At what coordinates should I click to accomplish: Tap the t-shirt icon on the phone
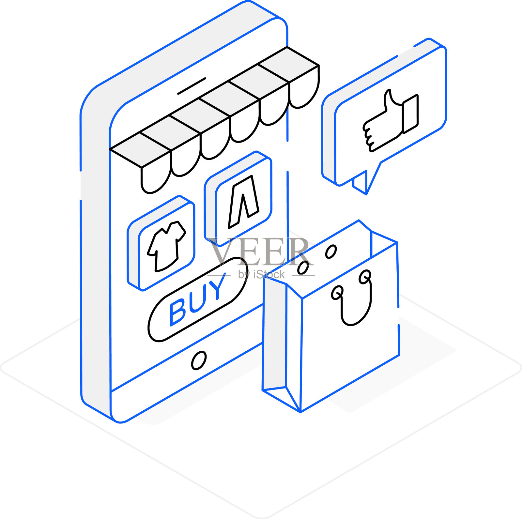166,246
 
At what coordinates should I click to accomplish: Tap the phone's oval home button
199,360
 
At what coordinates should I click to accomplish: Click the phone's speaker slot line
192,86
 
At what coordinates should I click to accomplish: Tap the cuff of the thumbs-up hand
410,114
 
